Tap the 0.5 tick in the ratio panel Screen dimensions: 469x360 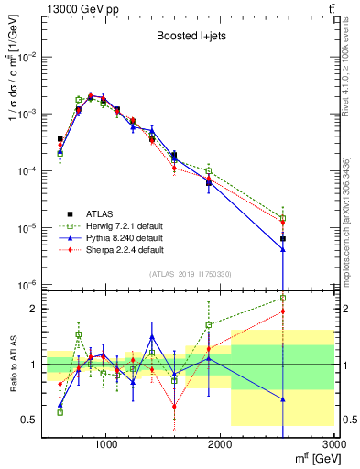[x=33, y=420]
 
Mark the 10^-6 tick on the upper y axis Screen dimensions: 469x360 [x=29, y=285]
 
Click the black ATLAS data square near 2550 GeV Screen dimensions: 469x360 [x=283, y=239]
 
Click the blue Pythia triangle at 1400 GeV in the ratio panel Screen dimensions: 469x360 [x=152, y=336]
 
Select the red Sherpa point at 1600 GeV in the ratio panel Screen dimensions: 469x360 [x=174, y=406]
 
